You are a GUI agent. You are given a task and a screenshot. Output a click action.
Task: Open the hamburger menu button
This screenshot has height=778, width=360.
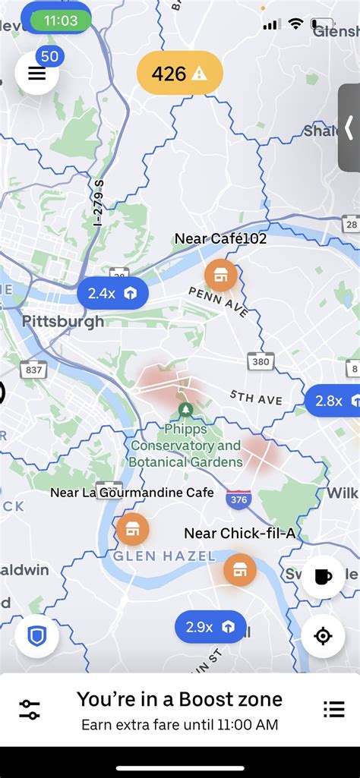pyautogui.click(x=36, y=74)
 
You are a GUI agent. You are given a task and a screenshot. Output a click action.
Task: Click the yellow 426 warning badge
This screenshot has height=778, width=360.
pyautogui.click(x=180, y=74)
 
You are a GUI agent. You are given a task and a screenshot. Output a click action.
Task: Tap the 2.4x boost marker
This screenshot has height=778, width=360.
pyautogui.click(x=112, y=293)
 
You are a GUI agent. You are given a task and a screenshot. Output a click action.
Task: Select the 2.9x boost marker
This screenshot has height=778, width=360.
pyautogui.click(x=210, y=627)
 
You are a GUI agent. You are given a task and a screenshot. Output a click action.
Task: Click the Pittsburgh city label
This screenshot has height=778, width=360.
pyautogui.click(x=63, y=321)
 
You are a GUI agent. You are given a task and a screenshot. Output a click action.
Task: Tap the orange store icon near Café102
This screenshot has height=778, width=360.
pyautogui.click(x=220, y=275)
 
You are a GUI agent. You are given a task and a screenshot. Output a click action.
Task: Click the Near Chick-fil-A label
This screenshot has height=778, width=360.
pyautogui.click(x=240, y=534)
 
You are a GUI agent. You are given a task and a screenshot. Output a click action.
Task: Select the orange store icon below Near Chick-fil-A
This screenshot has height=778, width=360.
pyautogui.click(x=240, y=569)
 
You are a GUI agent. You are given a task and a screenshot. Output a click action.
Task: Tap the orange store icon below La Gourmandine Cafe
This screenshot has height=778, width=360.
pyautogui.click(x=132, y=528)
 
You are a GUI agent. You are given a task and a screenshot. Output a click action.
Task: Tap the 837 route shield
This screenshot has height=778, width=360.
pyautogui.click(x=33, y=369)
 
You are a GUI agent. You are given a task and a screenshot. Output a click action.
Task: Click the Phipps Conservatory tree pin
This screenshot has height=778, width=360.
pyautogui.click(x=185, y=411)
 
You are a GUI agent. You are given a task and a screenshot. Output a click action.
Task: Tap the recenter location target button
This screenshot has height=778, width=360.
pyautogui.click(x=323, y=635)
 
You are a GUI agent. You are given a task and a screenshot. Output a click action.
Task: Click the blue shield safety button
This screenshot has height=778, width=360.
pyautogui.click(x=36, y=635)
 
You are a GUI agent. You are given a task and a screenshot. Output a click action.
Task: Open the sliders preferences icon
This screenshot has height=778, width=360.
pyautogui.click(x=30, y=709)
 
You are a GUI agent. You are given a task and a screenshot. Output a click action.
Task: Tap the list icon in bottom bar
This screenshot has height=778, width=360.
pyautogui.click(x=333, y=709)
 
